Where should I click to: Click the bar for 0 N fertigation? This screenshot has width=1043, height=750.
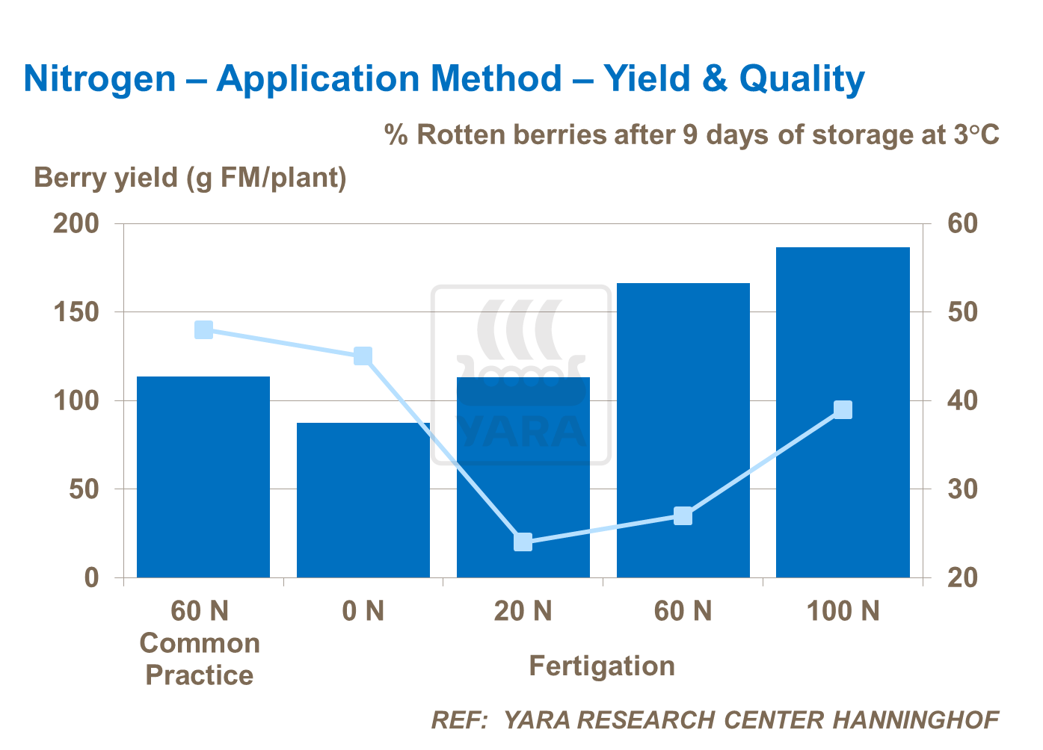(363, 500)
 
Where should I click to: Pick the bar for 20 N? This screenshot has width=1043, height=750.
(523, 477)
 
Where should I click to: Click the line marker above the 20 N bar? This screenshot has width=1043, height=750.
(523, 542)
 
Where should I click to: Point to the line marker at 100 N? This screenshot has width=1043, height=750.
(843, 409)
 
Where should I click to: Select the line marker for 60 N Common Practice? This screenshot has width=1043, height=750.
(203, 329)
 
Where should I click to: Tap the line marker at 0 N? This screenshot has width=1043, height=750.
(363, 356)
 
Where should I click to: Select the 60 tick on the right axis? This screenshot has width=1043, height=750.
(962, 223)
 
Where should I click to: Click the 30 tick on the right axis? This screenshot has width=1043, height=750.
(962, 489)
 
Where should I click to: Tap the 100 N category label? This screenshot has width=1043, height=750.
(843, 611)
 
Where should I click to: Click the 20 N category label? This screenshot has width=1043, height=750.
(523, 611)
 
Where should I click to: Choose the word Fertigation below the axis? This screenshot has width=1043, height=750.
(602, 666)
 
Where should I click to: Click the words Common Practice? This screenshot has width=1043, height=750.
(200, 659)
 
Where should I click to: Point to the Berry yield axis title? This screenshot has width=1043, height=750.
(190, 178)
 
